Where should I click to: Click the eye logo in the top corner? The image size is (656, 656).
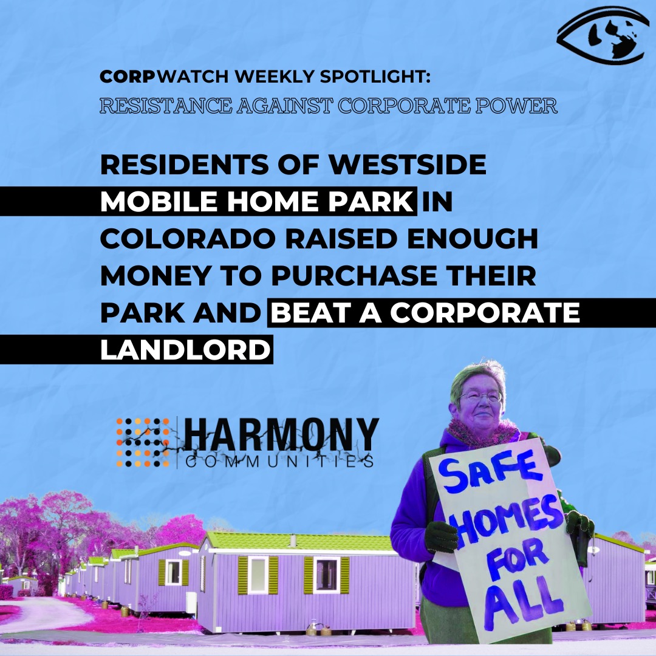pos(601,36)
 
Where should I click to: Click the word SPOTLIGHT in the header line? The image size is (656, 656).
pos(375,76)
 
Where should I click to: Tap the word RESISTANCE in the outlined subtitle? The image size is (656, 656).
pos(166,106)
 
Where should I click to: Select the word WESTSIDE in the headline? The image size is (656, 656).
pos(408,164)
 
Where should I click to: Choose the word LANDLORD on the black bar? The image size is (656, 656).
pos(185,349)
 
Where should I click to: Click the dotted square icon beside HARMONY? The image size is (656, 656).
pos(143,442)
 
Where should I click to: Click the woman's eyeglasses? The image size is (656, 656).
pos(480,396)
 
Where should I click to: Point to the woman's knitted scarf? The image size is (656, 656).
pos(481,430)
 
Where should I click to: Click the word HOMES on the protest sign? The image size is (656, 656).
pos(510,521)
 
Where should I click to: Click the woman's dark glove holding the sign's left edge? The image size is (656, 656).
pos(440,537)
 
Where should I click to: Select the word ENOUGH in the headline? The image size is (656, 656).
pos(473,239)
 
